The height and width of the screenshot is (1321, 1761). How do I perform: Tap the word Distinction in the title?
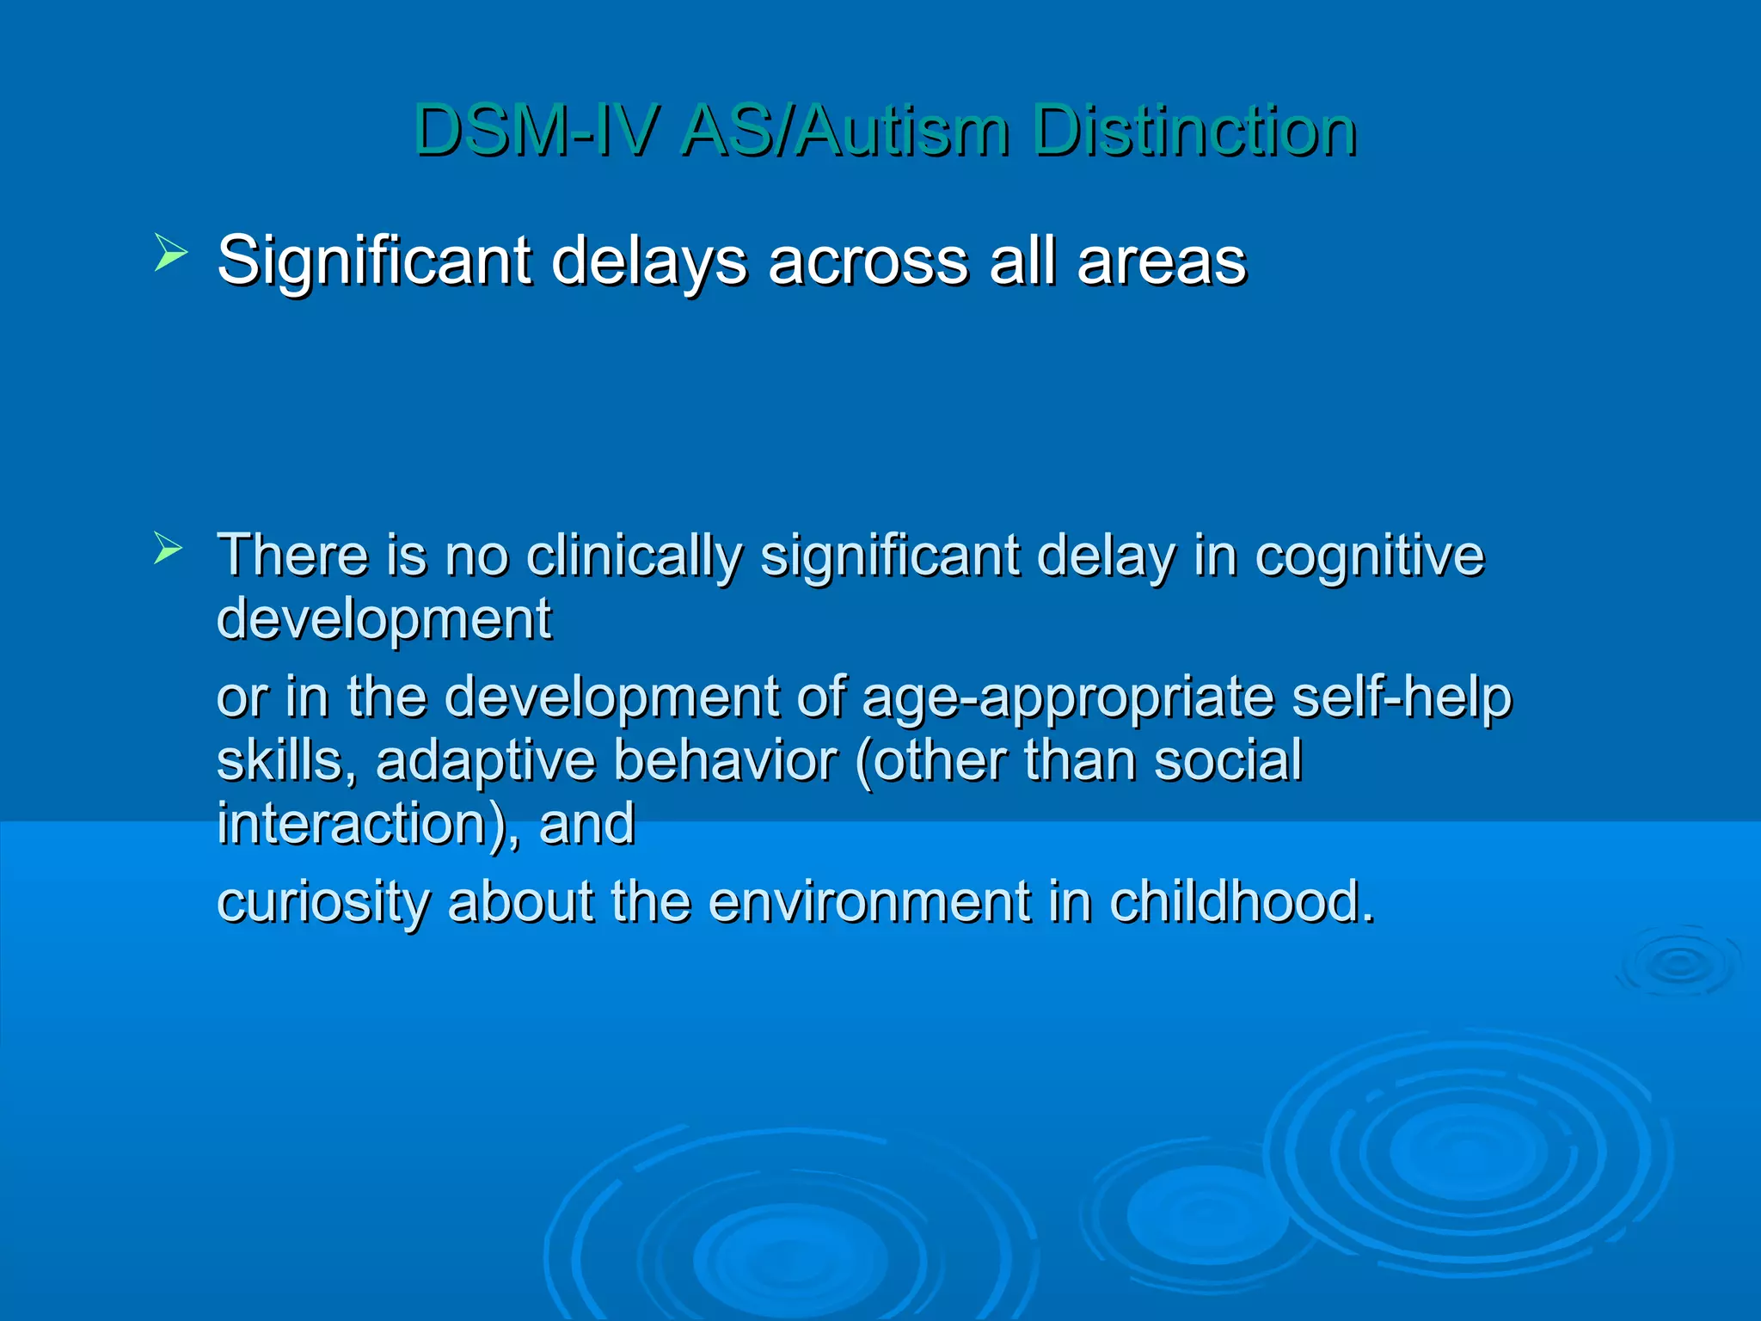click(1194, 131)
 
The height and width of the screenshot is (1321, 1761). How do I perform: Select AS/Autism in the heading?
click(844, 131)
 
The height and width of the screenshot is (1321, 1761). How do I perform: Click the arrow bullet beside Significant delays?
click(170, 254)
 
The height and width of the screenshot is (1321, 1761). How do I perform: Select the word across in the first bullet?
click(868, 261)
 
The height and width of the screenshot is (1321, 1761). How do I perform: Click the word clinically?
click(634, 556)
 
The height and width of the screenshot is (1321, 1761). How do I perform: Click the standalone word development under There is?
click(383, 620)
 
